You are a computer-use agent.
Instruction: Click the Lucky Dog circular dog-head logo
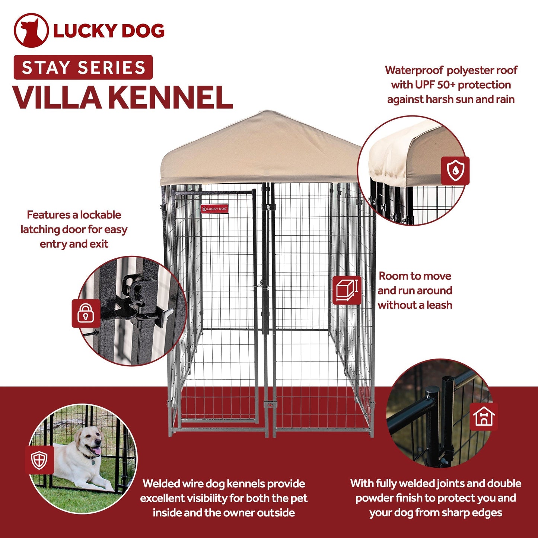[x=31, y=31]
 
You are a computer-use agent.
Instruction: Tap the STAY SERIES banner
[x=83, y=67]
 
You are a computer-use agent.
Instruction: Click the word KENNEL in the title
[x=170, y=98]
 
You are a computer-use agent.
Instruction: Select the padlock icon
[x=86, y=313]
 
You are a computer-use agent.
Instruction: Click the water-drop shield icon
[x=455, y=171]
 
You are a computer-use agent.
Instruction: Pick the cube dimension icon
[x=346, y=290]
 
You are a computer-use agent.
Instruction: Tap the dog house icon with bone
[x=484, y=416]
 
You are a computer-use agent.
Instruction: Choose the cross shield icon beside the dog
[x=39, y=460]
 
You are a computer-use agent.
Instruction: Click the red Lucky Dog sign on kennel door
[x=214, y=208]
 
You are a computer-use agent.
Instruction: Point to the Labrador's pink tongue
[x=96, y=452]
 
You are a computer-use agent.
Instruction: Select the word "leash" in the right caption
[x=439, y=305]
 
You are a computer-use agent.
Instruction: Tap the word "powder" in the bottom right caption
[x=374, y=498]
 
